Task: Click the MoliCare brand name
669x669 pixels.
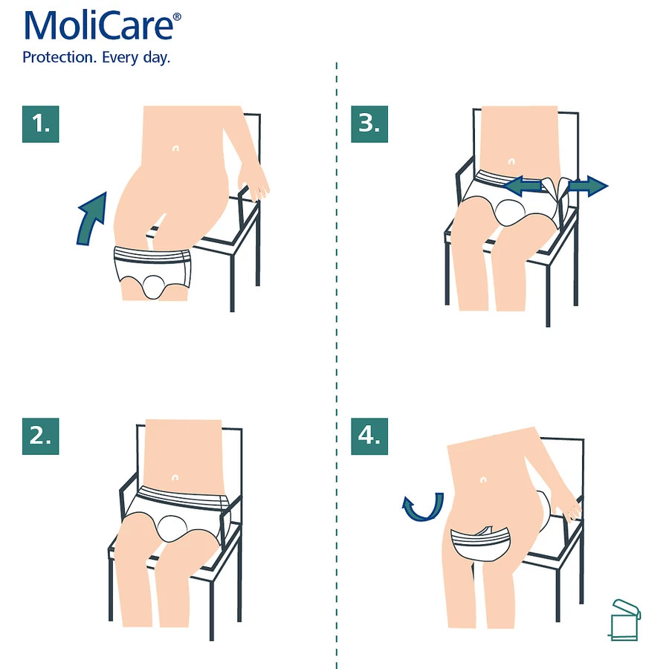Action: (x=99, y=26)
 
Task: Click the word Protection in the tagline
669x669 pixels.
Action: (x=59, y=57)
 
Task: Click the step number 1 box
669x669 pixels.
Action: (x=41, y=124)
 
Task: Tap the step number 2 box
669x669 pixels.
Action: (x=41, y=436)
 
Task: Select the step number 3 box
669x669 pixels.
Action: (x=369, y=124)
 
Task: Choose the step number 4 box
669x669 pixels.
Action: (x=369, y=436)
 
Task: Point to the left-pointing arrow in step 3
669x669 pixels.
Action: (x=523, y=186)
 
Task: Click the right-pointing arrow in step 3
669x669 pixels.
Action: (x=589, y=186)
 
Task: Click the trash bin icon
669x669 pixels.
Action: (x=624, y=620)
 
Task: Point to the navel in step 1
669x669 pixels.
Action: (x=175, y=149)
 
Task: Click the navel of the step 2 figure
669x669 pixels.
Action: (x=175, y=477)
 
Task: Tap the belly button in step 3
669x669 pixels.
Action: (x=511, y=161)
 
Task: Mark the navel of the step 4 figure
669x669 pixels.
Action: (x=483, y=480)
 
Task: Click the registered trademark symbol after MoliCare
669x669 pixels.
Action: (x=177, y=17)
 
